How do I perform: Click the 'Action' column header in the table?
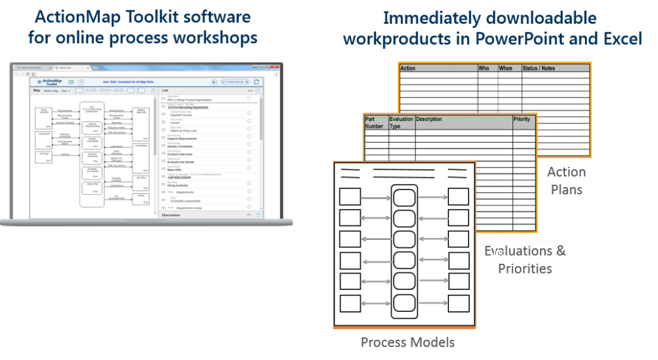[x=408, y=68]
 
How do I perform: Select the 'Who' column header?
[x=484, y=68]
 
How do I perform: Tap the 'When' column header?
[x=506, y=68]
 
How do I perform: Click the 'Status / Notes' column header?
[x=539, y=68]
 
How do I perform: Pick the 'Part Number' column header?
[x=375, y=122]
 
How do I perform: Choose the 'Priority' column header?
[x=522, y=119]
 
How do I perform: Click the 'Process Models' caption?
[x=407, y=342]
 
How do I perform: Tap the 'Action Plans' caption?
[x=566, y=181]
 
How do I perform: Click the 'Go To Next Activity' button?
[x=233, y=82]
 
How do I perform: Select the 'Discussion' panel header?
[x=171, y=215]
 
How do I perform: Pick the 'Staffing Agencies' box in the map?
[x=141, y=113]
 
